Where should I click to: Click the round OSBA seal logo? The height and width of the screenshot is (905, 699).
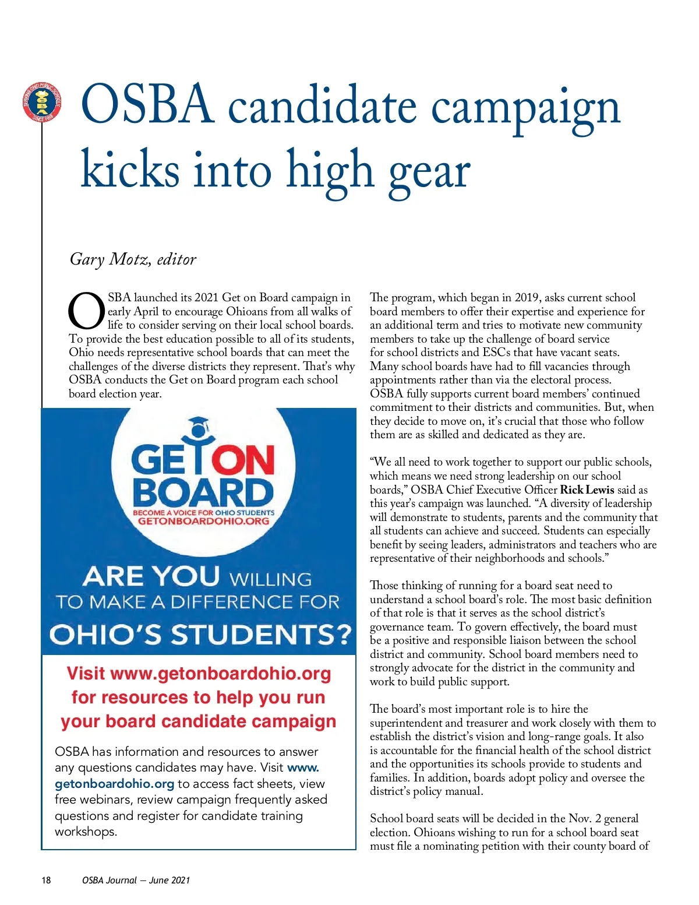pyautogui.click(x=41, y=103)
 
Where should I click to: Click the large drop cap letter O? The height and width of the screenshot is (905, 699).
pyautogui.click(x=86, y=311)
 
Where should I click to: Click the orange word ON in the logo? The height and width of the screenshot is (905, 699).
pyautogui.click(x=243, y=461)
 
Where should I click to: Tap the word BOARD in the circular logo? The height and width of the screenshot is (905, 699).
pyautogui.click(x=203, y=492)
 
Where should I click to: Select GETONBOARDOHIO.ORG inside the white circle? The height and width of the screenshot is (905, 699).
pyautogui.click(x=203, y=521)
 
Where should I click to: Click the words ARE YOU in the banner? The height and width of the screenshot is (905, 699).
pyautogui.click(x=151, y=577)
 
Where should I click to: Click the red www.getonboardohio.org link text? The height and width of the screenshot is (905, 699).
pyautogui.click(x=220, y=674)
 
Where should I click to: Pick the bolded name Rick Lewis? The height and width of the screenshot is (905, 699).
pyautogui.click(x=587, y=490)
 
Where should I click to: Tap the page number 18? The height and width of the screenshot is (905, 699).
pyautogui.click(x=46, y=880)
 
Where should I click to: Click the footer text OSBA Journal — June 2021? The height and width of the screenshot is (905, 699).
pyautogui.click(x=136, y=880)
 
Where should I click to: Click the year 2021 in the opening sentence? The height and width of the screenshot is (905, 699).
pyautogui.click(x=206, y=298)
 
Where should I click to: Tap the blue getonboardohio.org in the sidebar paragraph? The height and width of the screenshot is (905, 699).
pyautogui.click(x=114, y=784)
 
